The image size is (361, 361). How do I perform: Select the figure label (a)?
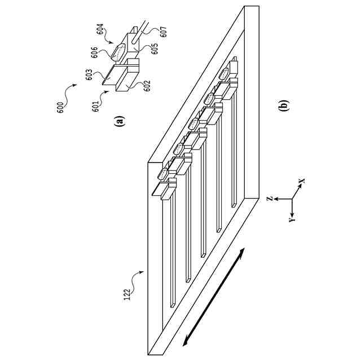[118, 120]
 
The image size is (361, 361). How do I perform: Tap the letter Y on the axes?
[292, 218]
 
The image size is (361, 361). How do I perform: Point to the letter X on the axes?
[302, 182]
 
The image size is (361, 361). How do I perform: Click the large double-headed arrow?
[214, 297]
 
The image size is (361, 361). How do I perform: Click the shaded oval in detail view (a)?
[119, 51]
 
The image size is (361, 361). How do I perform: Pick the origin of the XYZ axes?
[292, 199]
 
